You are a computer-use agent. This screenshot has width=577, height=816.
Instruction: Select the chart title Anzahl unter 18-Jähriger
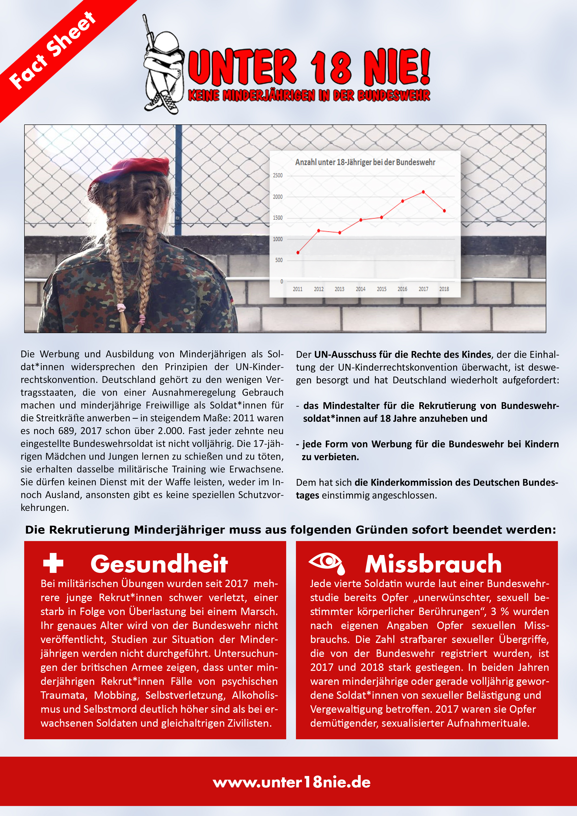tap(365, 162)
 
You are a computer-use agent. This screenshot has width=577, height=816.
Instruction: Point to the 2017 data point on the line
tap(423, 192)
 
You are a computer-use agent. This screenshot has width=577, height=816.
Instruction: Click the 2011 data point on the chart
tap(298, 252)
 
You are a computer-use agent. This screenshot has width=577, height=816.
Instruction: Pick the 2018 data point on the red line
tap(444, 211)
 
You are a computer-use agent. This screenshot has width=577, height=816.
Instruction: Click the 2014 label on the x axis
tap(360, 289)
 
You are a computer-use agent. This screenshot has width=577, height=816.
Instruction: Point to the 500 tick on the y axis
tap(279, 260)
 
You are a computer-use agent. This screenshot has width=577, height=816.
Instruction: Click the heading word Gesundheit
tap(159, 564)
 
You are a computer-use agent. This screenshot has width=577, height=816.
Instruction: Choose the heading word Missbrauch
tap(433, 564)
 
